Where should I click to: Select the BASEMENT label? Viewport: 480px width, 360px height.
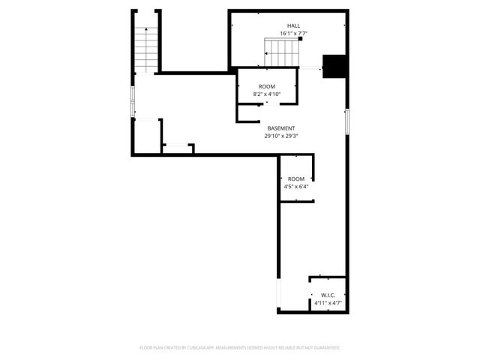(x=280, y=128)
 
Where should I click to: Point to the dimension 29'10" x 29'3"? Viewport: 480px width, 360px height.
(x=280, y=136)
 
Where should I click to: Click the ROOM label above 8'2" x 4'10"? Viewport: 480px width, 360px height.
(x=267, y=87)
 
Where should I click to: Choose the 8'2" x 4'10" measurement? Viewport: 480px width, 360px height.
(x=267, y=95)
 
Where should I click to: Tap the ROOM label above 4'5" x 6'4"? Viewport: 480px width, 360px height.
(x=296, y=178)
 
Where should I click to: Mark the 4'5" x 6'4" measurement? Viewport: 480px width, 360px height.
(x=296, y=187)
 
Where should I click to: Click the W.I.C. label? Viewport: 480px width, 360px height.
(x=328, y=295)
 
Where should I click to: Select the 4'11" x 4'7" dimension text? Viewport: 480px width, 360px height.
(x=328, y=303)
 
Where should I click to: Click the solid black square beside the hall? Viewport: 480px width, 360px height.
(x=332, y=66)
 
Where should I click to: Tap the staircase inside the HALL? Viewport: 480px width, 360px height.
(x=282, y=52)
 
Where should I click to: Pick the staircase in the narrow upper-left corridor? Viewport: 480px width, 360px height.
(x=145, y=48)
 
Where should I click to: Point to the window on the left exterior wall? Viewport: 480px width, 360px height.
(x=133, y=101)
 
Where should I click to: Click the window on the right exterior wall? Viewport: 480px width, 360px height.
(x=346, y=121)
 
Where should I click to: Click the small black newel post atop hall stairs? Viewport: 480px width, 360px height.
(x=300, y=40)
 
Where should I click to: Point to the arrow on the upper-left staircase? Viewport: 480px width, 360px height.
(x=145, y=30)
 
